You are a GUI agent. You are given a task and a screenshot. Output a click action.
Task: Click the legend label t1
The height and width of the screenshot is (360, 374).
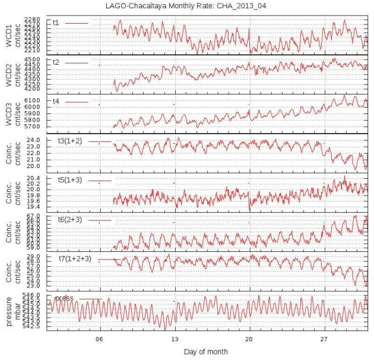(x=56, y=23)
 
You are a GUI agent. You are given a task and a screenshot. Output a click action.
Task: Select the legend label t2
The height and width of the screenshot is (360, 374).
(x=56, y=62)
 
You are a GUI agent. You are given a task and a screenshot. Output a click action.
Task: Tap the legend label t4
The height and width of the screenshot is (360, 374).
(x=56, y=102)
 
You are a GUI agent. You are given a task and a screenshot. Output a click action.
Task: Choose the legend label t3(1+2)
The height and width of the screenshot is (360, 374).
(x=69, y=141)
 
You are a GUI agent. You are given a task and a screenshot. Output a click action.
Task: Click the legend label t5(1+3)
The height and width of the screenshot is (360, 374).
(x=69, y=180)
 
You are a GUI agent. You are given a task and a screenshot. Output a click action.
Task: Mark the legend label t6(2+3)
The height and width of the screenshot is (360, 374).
(x=69, y=219)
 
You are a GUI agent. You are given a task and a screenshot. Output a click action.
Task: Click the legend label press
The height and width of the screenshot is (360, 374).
(x=64, y=298)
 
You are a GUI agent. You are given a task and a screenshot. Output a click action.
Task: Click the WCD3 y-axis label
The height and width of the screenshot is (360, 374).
(x=8, y=113)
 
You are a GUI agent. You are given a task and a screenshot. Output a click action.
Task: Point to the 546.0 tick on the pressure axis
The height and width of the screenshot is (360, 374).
(x=35, y=295)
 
